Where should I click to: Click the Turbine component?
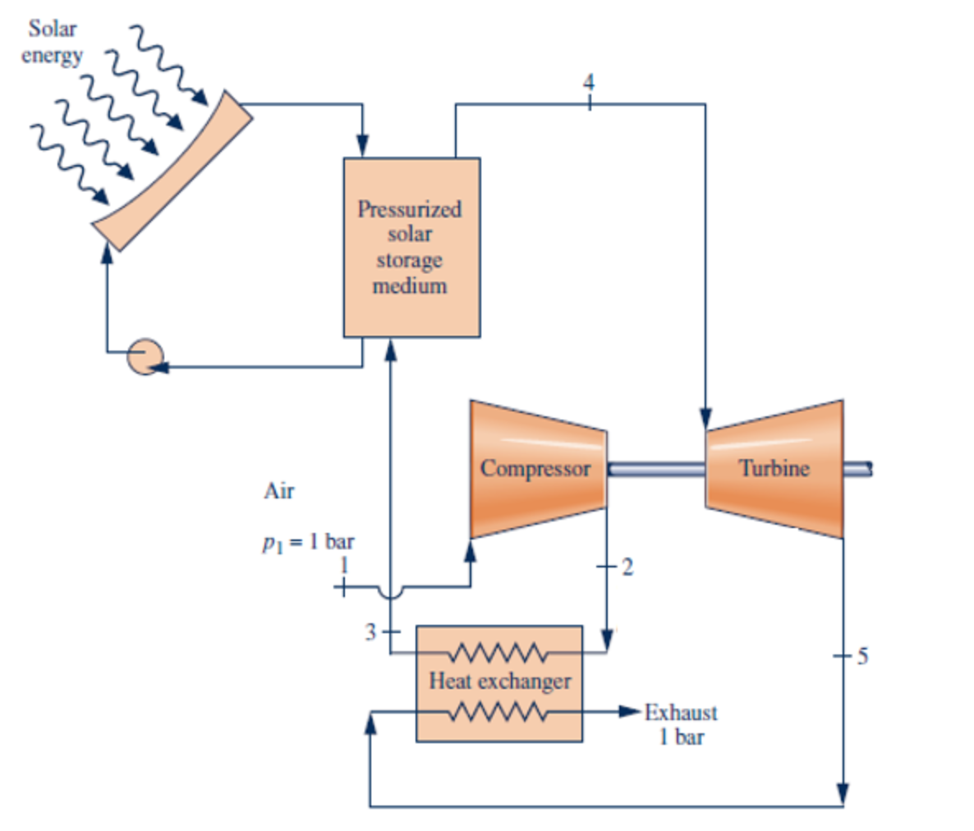774,469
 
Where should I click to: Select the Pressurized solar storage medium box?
411,247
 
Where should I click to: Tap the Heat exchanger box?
499,682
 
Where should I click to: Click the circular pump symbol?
145,356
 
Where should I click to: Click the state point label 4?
588,82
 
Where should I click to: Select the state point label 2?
627,567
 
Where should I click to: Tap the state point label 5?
861,656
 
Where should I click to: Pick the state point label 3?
371,632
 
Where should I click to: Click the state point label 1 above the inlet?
344,566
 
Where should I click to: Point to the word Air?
278,491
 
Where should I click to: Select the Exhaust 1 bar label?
681,724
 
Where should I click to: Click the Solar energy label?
53,42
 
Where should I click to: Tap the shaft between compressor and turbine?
655,469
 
